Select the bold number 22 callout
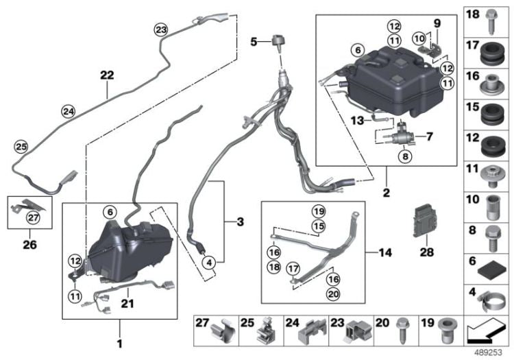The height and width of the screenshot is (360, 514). coord(107,75)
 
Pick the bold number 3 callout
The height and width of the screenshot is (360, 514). coord(240,221)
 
